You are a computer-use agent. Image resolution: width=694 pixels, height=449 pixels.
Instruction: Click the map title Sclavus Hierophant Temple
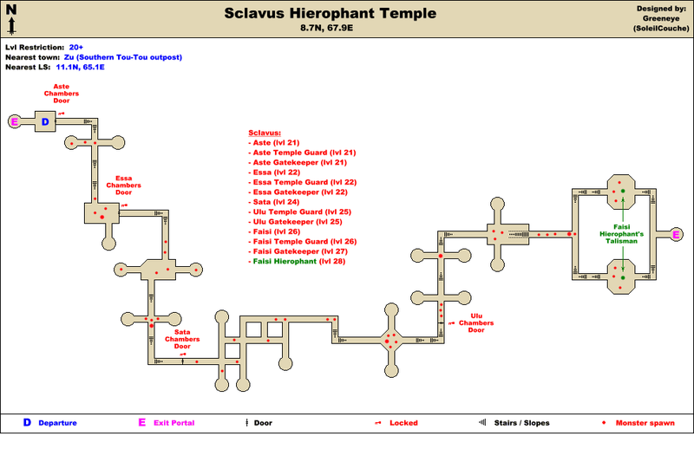[x=331, y=13]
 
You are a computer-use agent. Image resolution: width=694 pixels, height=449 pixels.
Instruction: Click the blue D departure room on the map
[x=45, y=121]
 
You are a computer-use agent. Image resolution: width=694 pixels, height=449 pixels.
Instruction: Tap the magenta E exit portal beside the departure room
[x=14, y=121]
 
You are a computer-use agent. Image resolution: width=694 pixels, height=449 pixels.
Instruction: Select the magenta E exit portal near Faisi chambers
[x=676, y=235]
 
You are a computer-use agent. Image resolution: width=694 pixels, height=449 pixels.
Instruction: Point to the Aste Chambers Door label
[x=62, y=94]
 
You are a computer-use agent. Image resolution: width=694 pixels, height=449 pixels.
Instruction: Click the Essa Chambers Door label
[x=123, y=185]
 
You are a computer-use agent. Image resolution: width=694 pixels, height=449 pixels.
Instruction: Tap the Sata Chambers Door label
[x=182, y=339]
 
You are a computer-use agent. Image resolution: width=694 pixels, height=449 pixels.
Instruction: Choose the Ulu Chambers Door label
[x=476, y=323]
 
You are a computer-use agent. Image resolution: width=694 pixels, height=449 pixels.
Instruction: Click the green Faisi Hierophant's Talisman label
[x=621, y=234]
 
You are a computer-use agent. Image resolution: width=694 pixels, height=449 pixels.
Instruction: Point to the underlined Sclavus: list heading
[x=265, y=133]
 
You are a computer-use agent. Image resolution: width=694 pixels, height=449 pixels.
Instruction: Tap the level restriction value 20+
[x=76, y=48]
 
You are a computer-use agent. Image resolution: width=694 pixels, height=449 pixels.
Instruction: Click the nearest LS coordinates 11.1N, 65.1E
[x=80, y=68]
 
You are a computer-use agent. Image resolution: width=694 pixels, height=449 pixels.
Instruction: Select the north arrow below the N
[x=11, y=26]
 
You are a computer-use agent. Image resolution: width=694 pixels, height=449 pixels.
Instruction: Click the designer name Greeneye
[x=661, y=18]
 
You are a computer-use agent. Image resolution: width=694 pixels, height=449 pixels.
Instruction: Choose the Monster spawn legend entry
[x=645, y=423]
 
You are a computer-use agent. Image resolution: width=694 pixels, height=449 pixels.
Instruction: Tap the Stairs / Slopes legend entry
[x=522, y=423]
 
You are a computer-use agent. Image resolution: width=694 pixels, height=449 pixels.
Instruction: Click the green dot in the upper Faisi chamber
[x=623, y=191]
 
